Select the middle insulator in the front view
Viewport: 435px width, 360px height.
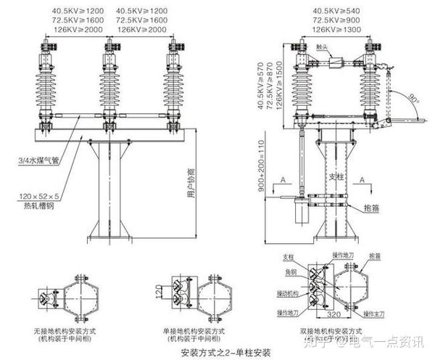click(x=109, y=87)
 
